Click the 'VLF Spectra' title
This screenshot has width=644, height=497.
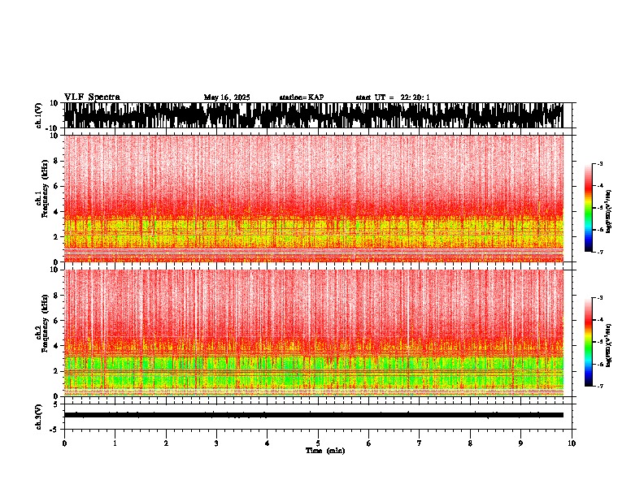click(x=92, y=97)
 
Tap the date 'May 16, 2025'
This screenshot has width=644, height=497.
click(x=227, y=97)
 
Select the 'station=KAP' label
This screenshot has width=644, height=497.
click(x=301, y=97)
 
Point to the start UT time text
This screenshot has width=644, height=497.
click(x=393, y=97)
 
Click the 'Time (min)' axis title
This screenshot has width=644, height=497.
click(x=324, y=451)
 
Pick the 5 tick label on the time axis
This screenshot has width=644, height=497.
click(x=318, y=443)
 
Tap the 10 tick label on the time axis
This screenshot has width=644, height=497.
click(x=572, y=443)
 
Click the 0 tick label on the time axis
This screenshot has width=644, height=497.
click(x=64, y=443)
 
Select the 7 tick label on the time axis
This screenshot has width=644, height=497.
click(x=420, y=443)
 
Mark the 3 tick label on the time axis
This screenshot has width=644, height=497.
click(x=216, y=443)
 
